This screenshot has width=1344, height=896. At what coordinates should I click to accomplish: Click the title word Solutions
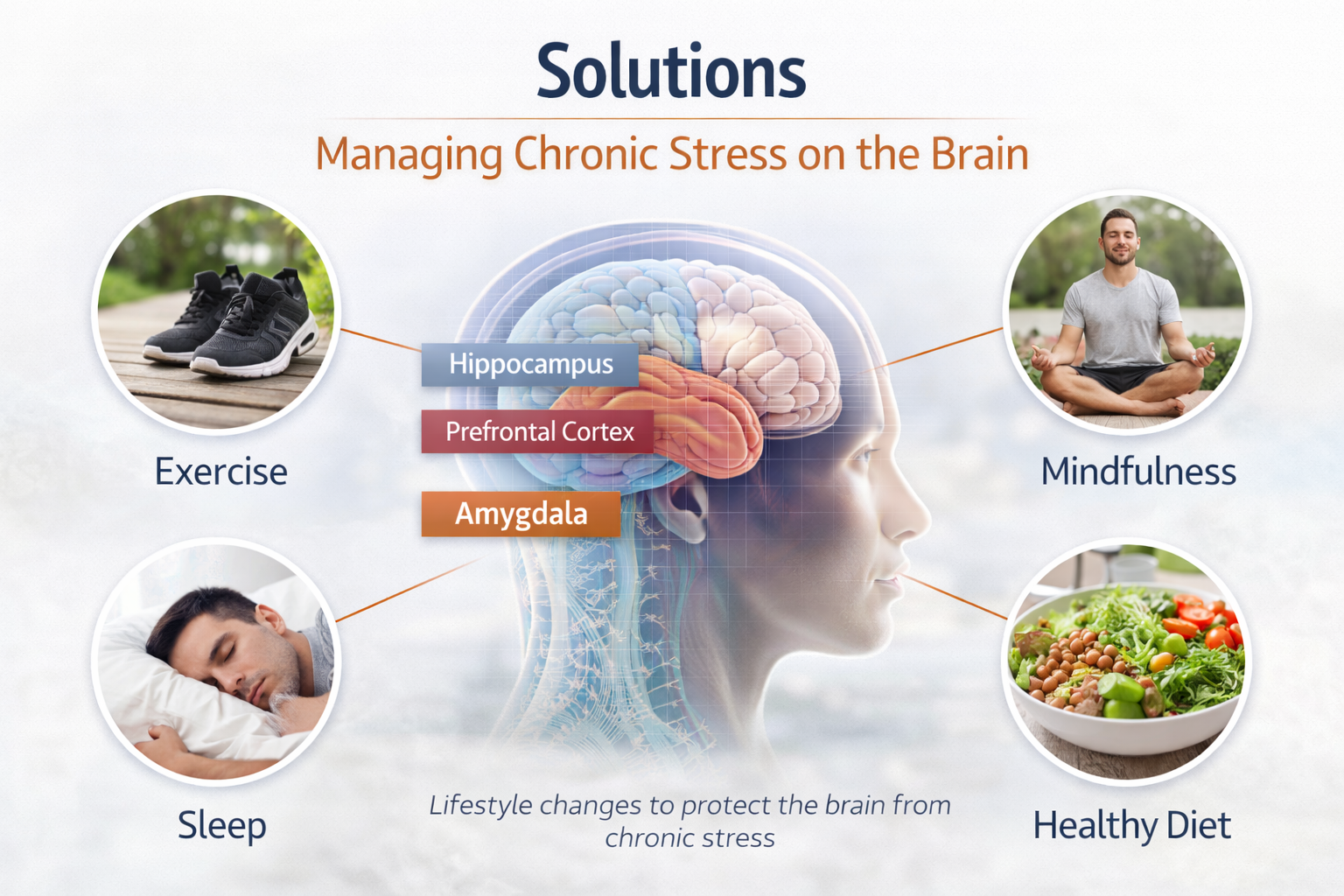(x=671, y=72)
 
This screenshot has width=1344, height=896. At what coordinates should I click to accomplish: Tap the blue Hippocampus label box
(x=530, y=364)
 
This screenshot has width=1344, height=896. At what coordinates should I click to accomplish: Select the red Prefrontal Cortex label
(x=538, y=431)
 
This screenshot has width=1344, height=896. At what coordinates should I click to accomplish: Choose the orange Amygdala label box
(x=521, y=514)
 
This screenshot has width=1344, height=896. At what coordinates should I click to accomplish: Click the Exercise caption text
(x=220, y=472)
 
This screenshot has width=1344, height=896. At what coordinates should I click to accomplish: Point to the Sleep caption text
(x=221, y=825)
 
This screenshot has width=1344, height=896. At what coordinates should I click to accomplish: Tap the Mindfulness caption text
(x=1137, y=472)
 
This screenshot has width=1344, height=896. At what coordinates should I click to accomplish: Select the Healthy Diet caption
(x=1131, y=825)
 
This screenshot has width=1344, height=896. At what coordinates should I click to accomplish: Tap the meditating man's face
(x=1119, y=238)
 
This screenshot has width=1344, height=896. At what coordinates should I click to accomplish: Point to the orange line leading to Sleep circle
(x=407, y=591)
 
